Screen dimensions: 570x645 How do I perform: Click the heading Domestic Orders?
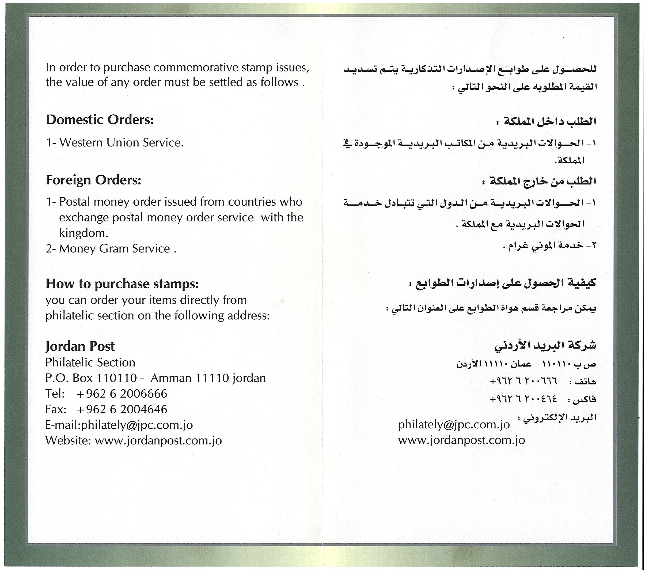click(x=100, y=120)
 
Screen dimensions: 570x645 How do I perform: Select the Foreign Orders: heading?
click(x=93, y=180)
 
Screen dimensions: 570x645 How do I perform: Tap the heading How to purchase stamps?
click(x=122, y=284)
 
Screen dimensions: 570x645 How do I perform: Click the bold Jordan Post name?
click(x=80, y=346)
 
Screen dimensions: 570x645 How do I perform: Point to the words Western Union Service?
click(x=122, y=143)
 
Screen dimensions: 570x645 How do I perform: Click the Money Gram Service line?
click(x=115, y=249)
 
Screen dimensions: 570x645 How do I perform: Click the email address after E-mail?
click(x=137, y=425)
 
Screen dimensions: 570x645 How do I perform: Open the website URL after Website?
click(x=158, y=441)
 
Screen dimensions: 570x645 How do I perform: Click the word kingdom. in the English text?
click(x=84, y=233)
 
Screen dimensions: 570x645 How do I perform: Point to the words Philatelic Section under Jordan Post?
click(x=90, y=362)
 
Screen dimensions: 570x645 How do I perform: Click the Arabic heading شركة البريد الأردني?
click(x=545, y=346)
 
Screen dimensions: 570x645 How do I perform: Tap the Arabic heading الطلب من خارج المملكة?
click(x=543, y=181)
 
